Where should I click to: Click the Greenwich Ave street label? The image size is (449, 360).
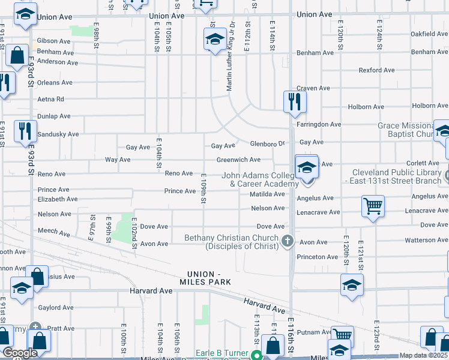(238, 160)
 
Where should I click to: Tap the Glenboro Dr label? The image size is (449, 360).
(267, 143)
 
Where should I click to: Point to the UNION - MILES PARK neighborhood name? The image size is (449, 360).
(205, 278)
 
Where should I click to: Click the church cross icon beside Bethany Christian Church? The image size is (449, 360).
(288, 241)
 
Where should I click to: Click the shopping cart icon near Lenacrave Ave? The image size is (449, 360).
(373, 206)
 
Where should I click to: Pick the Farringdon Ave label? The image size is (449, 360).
(319, 125)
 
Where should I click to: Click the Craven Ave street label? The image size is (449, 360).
(313, 88)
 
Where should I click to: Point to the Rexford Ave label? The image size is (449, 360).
(376, 70)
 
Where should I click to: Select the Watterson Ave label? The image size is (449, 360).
(426, 240)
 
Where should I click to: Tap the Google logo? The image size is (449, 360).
(20, 353)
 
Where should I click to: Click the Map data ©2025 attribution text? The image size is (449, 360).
(423, 355)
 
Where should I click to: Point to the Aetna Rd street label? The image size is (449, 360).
(50, 99)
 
